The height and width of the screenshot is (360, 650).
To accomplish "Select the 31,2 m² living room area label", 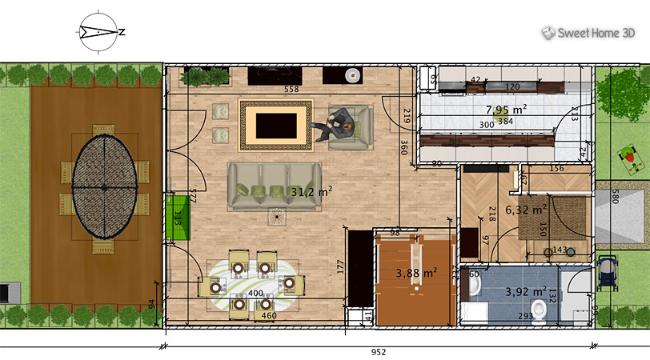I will (x=311, y=191).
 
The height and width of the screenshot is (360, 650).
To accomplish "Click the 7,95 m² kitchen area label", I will (x=506, y=110).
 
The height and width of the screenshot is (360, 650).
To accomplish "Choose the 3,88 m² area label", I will (x=416, y=273).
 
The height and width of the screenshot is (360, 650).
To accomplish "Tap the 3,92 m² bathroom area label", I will (x=525, y=291).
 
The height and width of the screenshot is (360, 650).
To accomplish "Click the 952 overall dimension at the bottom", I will (x=379, y=351).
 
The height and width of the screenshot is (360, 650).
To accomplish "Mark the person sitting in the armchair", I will (x=339, y=126).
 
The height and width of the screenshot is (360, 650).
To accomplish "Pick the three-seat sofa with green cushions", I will (x=274, y=186).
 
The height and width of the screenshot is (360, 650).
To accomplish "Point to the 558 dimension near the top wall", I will (x=291, y=90).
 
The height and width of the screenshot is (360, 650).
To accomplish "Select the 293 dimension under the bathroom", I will (x=525, y=317).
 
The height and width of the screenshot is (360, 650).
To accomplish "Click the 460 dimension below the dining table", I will (x=269, y=316).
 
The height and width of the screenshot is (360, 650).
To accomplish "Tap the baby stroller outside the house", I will (x=608, y=271).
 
